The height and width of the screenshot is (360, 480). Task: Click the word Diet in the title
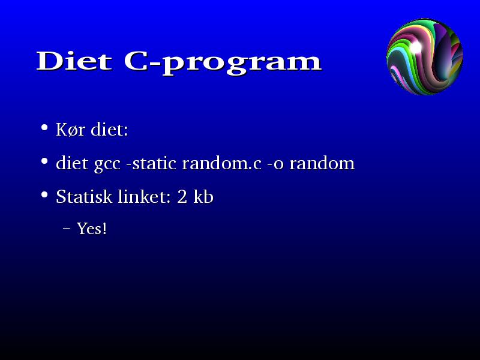coord(74,61)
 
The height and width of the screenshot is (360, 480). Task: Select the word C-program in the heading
coord(223,63)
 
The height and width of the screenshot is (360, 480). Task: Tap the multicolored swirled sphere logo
coord(425,56)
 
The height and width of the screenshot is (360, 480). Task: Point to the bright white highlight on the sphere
coord(416,47)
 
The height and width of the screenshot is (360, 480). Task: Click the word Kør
coord(70,130)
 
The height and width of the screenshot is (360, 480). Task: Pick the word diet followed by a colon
coord(109,129)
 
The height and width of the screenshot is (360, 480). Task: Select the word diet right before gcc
coord(73,163)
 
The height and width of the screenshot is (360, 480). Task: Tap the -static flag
coord(151,163)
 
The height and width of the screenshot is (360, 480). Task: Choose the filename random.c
coord(221,163)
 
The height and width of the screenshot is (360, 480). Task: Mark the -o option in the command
coord(275,164)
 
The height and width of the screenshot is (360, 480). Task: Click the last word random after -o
coord(322,163)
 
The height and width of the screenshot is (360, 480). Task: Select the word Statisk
coord(84,197)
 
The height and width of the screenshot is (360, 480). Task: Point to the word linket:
coord(145,197)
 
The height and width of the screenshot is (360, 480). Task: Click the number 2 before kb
coord(182,197)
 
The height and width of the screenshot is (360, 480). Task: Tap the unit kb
coord(203,197)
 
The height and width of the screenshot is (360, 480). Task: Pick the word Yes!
coord(92,229)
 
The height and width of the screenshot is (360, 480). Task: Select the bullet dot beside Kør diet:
coord(44,127)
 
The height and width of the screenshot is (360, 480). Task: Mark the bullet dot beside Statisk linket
coord(44,194)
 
